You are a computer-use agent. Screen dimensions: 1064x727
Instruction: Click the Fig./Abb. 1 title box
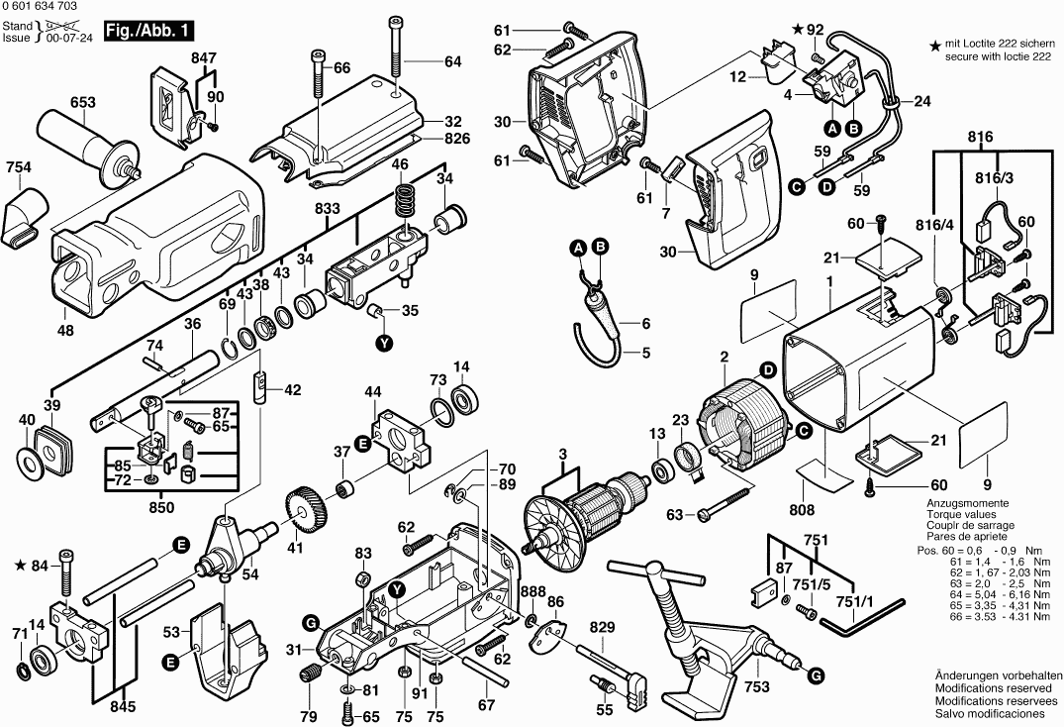point(148,32)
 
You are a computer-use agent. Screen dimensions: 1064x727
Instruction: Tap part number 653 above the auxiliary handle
point(83,102)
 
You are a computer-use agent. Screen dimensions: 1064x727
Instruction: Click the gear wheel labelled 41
point(305,511)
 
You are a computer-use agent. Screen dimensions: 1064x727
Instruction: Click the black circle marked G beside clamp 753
point(817,675)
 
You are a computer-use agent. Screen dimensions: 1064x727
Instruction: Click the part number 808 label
point(803,510)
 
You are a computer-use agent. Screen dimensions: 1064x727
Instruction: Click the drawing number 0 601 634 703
point(40,6)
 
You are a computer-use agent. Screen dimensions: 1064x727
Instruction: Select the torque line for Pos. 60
point(985,550)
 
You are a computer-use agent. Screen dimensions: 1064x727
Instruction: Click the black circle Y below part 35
point(385,344)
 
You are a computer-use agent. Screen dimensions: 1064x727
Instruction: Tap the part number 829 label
point(602,627)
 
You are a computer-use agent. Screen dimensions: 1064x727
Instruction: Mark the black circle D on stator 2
point(767,370)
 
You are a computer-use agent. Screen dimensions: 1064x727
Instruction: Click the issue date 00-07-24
point(69,38)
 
